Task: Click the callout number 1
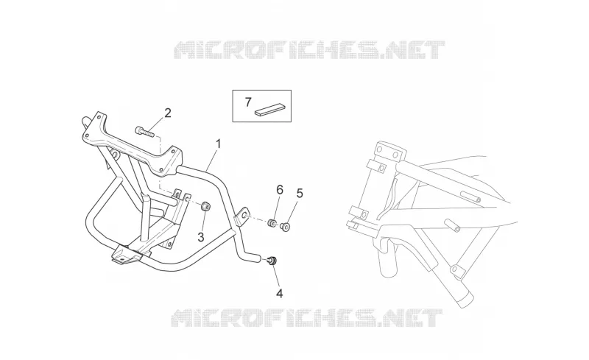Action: pos(218,144)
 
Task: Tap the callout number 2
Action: pos(168,113)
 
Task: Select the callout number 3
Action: pos(201,237)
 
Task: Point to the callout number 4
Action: pos(279,294)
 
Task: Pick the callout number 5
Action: pos(300,194)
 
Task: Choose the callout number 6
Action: pos(280,190)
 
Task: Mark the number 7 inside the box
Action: pos(248,102)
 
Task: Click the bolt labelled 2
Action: pos(144,131)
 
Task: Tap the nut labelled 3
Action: pos(205,206)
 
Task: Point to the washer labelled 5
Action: pos(286,227)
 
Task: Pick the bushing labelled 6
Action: pos(272,223)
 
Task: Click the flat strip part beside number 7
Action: pos(269,109)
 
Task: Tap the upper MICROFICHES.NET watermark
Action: pos(309,50)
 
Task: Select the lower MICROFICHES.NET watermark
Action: pos(307,318)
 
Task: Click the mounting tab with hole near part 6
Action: pos(242,217)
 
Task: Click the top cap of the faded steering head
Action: pos(390,149)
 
